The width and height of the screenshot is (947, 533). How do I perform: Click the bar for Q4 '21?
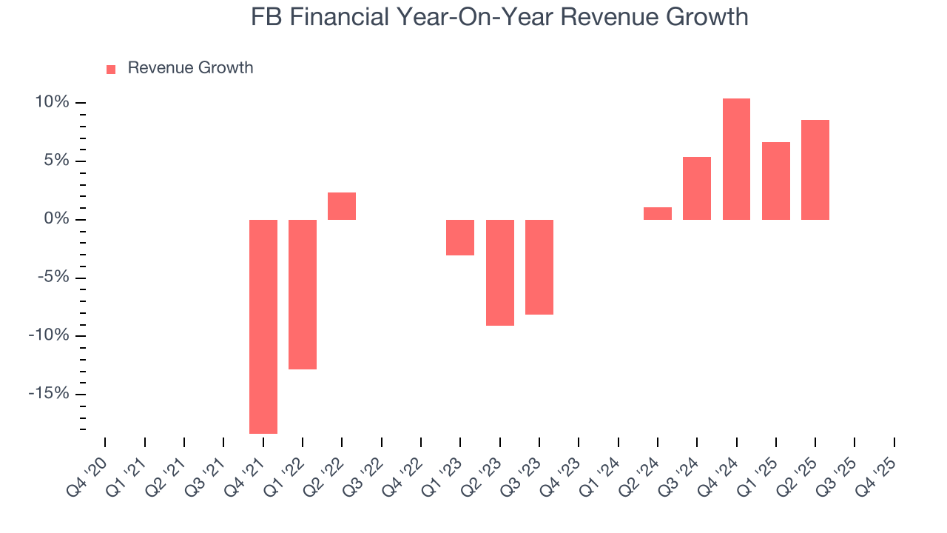pos(263,326)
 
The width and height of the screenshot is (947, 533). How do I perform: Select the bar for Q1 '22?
pos(303,294)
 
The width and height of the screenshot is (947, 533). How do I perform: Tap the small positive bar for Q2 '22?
pos(342,207)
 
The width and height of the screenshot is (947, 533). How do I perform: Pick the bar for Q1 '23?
pos(460,238)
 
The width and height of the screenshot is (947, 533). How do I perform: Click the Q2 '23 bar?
pos(500,272)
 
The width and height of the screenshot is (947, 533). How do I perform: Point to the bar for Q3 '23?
pos(539,267)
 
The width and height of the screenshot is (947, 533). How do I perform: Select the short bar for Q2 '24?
pos(658,213)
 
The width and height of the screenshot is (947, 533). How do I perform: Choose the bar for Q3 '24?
pos(697,188)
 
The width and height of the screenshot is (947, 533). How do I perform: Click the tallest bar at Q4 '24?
pos(736,159)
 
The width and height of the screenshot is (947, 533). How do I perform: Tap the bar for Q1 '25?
pos(776,181)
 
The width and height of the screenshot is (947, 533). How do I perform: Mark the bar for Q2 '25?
pos(815,170)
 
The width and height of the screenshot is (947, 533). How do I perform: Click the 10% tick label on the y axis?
pos(50,102)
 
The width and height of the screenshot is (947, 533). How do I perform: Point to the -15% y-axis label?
pos(48,393)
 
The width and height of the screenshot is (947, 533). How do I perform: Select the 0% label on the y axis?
pos(55,219)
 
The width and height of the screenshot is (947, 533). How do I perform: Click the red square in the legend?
pos(111,69)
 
